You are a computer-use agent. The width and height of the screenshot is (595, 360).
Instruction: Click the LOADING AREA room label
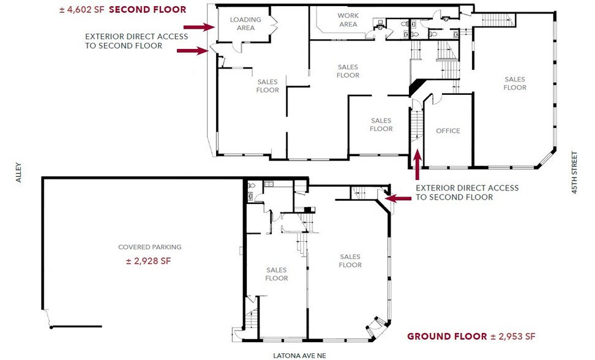pyautogui.click(x=245, y=23)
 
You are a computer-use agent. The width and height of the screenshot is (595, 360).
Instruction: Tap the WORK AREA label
pyautogui.click(x=348, y=20)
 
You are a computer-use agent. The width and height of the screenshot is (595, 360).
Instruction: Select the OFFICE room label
pyautogui.click(x=447, y=131)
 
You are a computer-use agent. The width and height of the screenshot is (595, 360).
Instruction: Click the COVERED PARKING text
pyautogui.click(x=150, y=247)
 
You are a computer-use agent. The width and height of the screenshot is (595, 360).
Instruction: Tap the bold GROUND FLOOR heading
pyautogui.click(x=447, y=337)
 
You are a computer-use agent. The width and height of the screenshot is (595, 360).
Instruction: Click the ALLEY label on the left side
pyautogui.click(x=18, y=173)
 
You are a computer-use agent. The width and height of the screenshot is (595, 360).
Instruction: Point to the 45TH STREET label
pyautogui.click(x=574, y=173)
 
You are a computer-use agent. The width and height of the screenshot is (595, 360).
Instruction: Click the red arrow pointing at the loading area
pyautogui.click(x=199, y=27)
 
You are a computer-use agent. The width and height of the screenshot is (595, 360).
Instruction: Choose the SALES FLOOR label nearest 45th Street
pyautogui.click(x=515, y=83)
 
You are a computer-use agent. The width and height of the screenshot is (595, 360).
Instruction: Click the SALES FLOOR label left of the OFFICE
pyautogui.click(x=381, y=125)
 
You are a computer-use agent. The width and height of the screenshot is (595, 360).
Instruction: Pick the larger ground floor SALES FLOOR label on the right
pyautogui.click(x=350, y=261)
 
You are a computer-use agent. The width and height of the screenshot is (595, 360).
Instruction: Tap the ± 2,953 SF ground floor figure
pyautogui.click(x=513, y=337)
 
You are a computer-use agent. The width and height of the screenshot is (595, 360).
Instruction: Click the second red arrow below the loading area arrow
pyautogui.click(x=193, y=51)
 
